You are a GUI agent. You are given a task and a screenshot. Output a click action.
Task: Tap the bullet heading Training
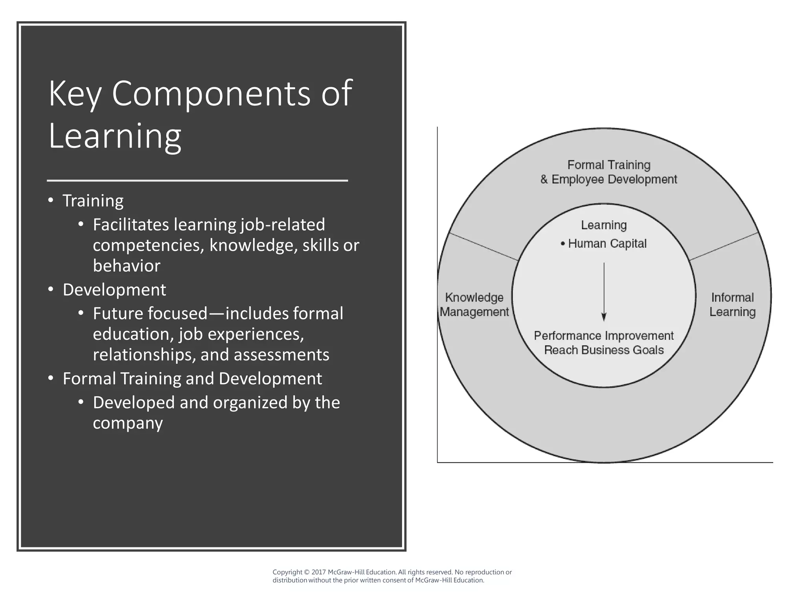93,201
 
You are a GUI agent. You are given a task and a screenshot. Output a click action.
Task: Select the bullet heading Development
114,290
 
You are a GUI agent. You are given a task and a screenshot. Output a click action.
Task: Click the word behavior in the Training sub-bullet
127,266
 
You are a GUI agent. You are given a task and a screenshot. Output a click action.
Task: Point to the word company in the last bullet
128,423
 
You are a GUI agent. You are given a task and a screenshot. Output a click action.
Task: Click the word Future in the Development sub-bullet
118,314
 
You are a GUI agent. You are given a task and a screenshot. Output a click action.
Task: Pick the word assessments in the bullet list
281,355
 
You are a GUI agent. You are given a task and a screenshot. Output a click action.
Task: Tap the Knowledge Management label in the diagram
474,305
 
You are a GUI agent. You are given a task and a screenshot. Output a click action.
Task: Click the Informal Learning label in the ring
732,305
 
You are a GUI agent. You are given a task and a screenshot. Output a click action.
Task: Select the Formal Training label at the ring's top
608,165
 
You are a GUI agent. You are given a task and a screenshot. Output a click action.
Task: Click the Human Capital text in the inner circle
607,244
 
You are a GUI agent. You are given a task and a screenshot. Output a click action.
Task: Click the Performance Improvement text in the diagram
604,336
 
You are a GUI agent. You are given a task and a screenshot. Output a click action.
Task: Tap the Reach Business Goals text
604,350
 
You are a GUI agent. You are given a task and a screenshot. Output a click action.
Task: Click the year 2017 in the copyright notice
318,572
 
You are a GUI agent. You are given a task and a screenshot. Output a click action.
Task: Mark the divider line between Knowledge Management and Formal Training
483,247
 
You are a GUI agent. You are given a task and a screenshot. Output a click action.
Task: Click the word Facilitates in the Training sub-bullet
131,225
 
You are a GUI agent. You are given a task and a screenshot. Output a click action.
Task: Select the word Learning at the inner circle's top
604,225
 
